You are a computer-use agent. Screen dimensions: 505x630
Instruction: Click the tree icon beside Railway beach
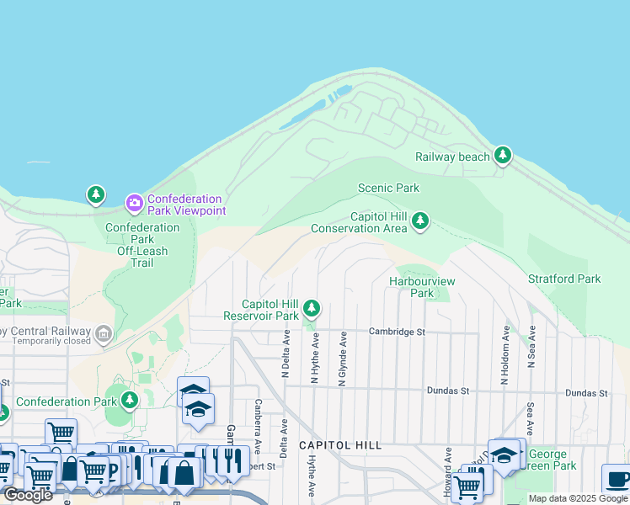point(503,155)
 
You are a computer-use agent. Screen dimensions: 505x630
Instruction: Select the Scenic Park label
point(388,188)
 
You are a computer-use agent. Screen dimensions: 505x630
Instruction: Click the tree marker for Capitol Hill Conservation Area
point(419,221)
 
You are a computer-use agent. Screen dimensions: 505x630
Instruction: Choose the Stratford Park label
point(564,279)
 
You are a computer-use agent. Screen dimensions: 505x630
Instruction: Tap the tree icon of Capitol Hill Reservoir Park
point(312,309)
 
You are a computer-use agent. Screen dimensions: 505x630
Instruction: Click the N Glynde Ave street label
point(343,359)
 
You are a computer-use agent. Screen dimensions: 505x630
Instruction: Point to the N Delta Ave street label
point(286,355)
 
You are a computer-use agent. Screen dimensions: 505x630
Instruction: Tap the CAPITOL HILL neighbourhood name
point(340,444)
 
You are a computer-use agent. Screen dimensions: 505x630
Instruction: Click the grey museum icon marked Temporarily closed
point(103,333)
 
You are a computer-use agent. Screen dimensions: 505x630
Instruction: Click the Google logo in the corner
point(28,495)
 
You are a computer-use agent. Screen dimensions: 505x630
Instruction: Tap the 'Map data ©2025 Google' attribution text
point(578,498)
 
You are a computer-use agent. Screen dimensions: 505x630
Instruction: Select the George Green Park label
point(552,460)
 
